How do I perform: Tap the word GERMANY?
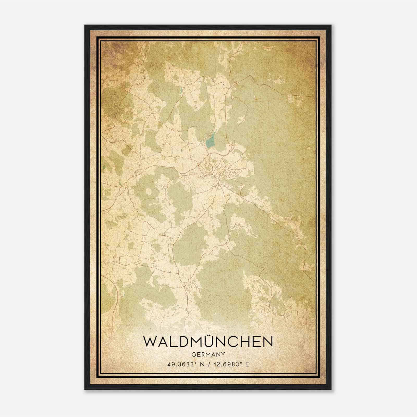[x=208, y=354]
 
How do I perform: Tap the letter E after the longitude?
[x=247, y=364]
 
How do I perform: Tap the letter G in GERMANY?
[x=193, y=354]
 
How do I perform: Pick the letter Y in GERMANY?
[x=223, y=354]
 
